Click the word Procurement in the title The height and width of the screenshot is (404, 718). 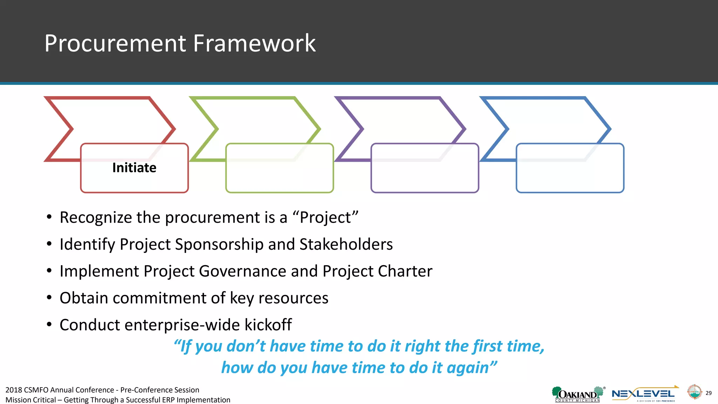coord(116,43)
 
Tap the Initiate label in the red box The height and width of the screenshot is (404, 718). coord(134,168)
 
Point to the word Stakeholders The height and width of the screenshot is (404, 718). coord(346,244)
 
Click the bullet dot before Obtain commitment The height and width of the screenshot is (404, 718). coord(49,298)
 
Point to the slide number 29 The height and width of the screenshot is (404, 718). coord(709,393)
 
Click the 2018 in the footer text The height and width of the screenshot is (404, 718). coord(14,390)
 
